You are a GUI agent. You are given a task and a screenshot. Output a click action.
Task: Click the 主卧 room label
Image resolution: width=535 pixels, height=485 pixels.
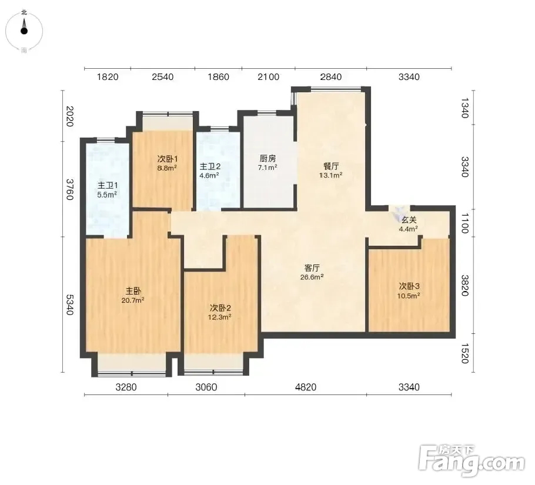pyautogui.click(x=133, y=291)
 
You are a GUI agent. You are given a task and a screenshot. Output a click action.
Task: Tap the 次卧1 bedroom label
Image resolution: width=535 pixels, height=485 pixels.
pyautogui.click(x=167, y=159)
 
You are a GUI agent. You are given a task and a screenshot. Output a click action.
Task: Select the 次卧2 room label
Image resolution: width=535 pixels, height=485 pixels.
pyautogui.click(x=220, y=308)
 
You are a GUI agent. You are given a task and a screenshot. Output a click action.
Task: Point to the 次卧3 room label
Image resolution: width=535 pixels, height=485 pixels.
pyautogui.click(x=409, y=286)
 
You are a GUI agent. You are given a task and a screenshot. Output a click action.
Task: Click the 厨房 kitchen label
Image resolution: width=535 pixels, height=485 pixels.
pyautogui.click(x=267, y=158)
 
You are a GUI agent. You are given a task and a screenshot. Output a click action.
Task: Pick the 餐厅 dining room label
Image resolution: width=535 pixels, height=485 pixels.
pyautogui.click(x=331, y=166)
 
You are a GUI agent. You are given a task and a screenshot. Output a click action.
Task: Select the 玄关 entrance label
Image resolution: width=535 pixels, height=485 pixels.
pyautogui.click(x=409, y=220)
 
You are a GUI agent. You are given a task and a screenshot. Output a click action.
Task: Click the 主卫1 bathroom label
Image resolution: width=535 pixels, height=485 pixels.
pyautogui.click(x=108, y=185)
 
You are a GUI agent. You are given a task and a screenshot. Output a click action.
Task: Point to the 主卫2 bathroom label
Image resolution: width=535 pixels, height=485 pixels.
pyautogui.click(x=210, y=166)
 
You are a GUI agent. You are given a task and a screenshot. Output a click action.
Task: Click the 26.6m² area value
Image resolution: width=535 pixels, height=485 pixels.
pyautogui.click(x=312, y=277)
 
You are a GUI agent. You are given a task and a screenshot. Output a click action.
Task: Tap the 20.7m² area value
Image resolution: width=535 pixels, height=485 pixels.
pyautogui.click(x=133, y=300)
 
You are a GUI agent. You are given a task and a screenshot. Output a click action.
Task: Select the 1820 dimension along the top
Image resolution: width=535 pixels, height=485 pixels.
pyautogui.click(x=108, y=77)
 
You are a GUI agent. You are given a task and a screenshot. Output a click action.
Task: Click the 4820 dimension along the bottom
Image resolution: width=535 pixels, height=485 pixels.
pyautogui.click(x=306, y=387)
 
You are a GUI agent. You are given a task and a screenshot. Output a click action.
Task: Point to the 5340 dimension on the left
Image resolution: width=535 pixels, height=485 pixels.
pyautogui.click(x=69, y=305)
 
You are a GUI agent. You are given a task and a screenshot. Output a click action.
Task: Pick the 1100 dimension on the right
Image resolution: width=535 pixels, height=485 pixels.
pyautogui.click(x=464, y=223)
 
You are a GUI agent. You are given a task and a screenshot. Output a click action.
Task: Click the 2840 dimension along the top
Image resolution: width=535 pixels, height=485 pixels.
pyautogui.click(x=330, y=77)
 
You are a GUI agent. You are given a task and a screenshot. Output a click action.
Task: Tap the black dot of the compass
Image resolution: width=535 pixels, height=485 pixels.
pyautogui.click(x=24, y=31)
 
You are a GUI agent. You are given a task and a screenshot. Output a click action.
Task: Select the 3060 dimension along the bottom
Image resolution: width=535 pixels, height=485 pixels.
pyautogui.click(x=206, y=387)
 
